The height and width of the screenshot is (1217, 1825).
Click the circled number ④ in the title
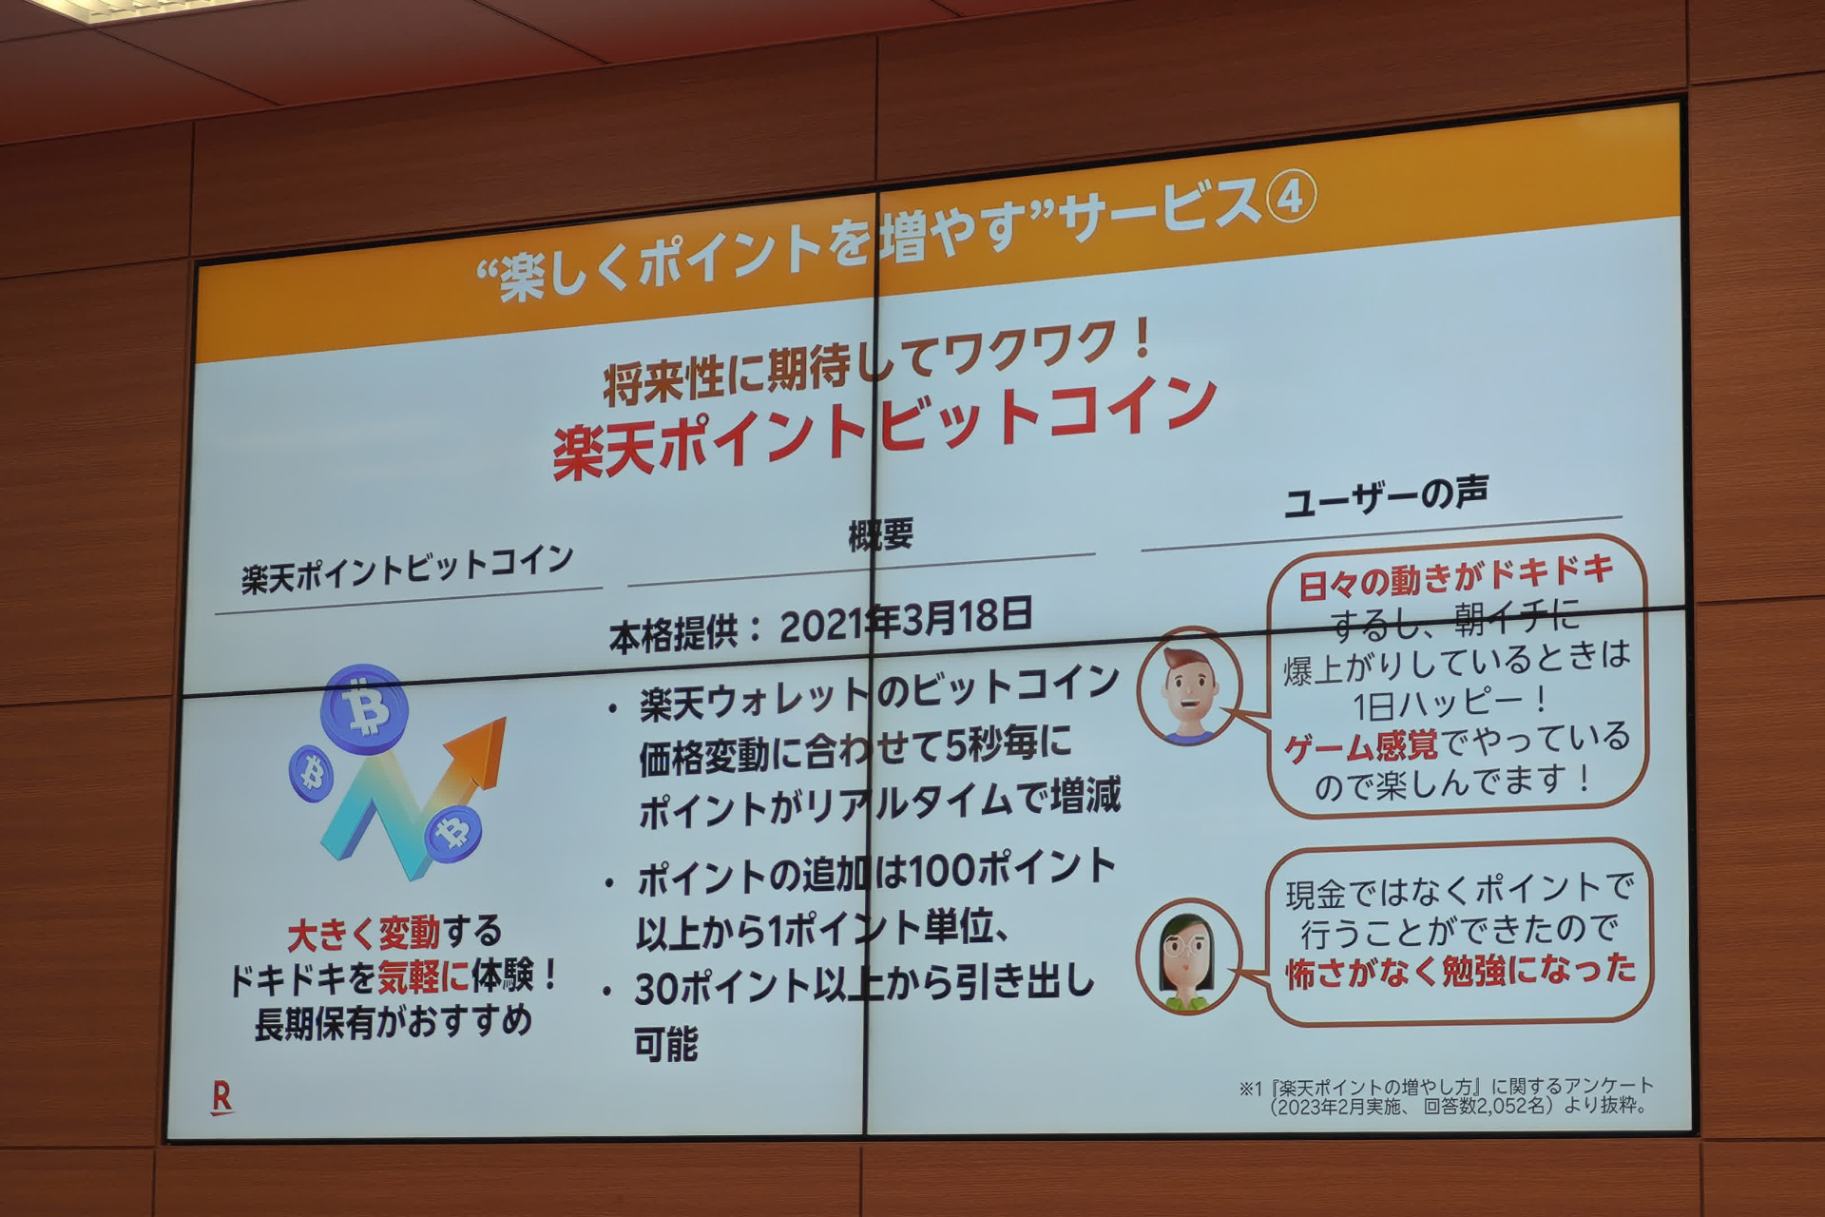(x=1290, y=198)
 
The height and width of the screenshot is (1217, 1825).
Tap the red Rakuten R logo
(x=221, y=1097)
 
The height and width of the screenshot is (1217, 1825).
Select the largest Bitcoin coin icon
(x=364, y=708)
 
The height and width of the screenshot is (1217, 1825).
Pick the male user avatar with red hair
(x=1189, y=686)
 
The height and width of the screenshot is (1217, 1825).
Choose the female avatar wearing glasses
(x=1187, y=956)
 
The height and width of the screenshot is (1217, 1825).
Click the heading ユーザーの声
(x=1386, y=495)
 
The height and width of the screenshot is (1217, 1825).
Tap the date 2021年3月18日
(x=906, y=620)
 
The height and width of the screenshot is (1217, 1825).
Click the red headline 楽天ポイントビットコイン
(x=884, y=425)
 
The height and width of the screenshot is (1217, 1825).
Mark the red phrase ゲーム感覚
(x=1361, y=746)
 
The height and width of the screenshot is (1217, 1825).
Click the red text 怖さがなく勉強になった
(x=1461, y=970)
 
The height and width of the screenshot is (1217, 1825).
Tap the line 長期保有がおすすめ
(x=393, y=1023)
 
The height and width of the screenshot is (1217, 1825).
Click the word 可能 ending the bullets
(x=665, y=1043)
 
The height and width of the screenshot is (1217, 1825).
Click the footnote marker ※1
(x=1250, y=1089)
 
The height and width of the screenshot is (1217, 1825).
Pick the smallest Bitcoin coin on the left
(x=311, y=772)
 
